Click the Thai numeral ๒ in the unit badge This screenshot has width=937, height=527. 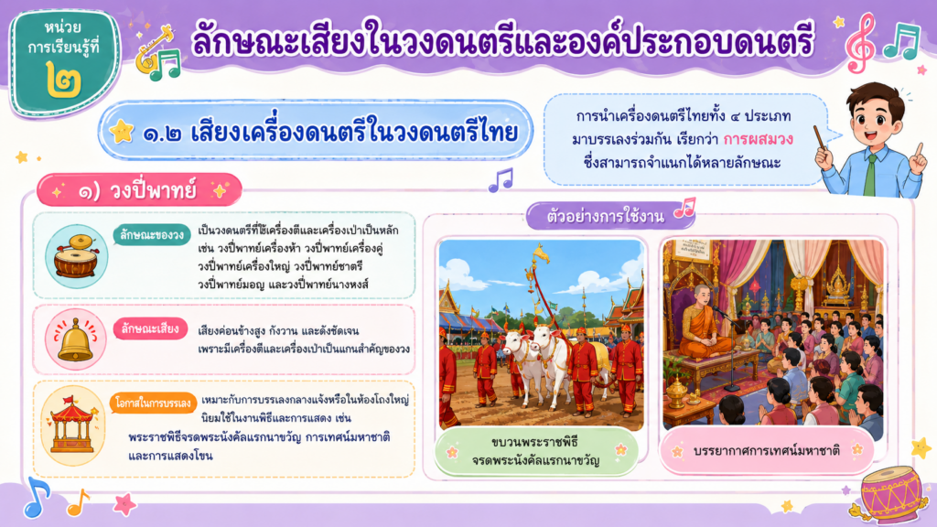[64, 81]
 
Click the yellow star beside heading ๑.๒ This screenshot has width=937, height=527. [122, 131]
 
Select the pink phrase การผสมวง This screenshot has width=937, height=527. [759, 139]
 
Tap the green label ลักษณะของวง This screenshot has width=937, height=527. [152, 235]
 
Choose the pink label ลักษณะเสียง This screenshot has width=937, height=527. [150, 328]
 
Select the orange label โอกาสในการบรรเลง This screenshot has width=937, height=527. [154, 403]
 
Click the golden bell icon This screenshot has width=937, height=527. [75, 339]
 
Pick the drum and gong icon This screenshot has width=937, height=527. [77, 257]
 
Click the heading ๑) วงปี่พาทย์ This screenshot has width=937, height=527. [139, 190]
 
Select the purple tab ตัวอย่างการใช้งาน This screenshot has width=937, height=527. [606, 216]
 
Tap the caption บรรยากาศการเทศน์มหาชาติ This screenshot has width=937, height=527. [767, 450]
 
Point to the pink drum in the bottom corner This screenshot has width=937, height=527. [890, 495]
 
